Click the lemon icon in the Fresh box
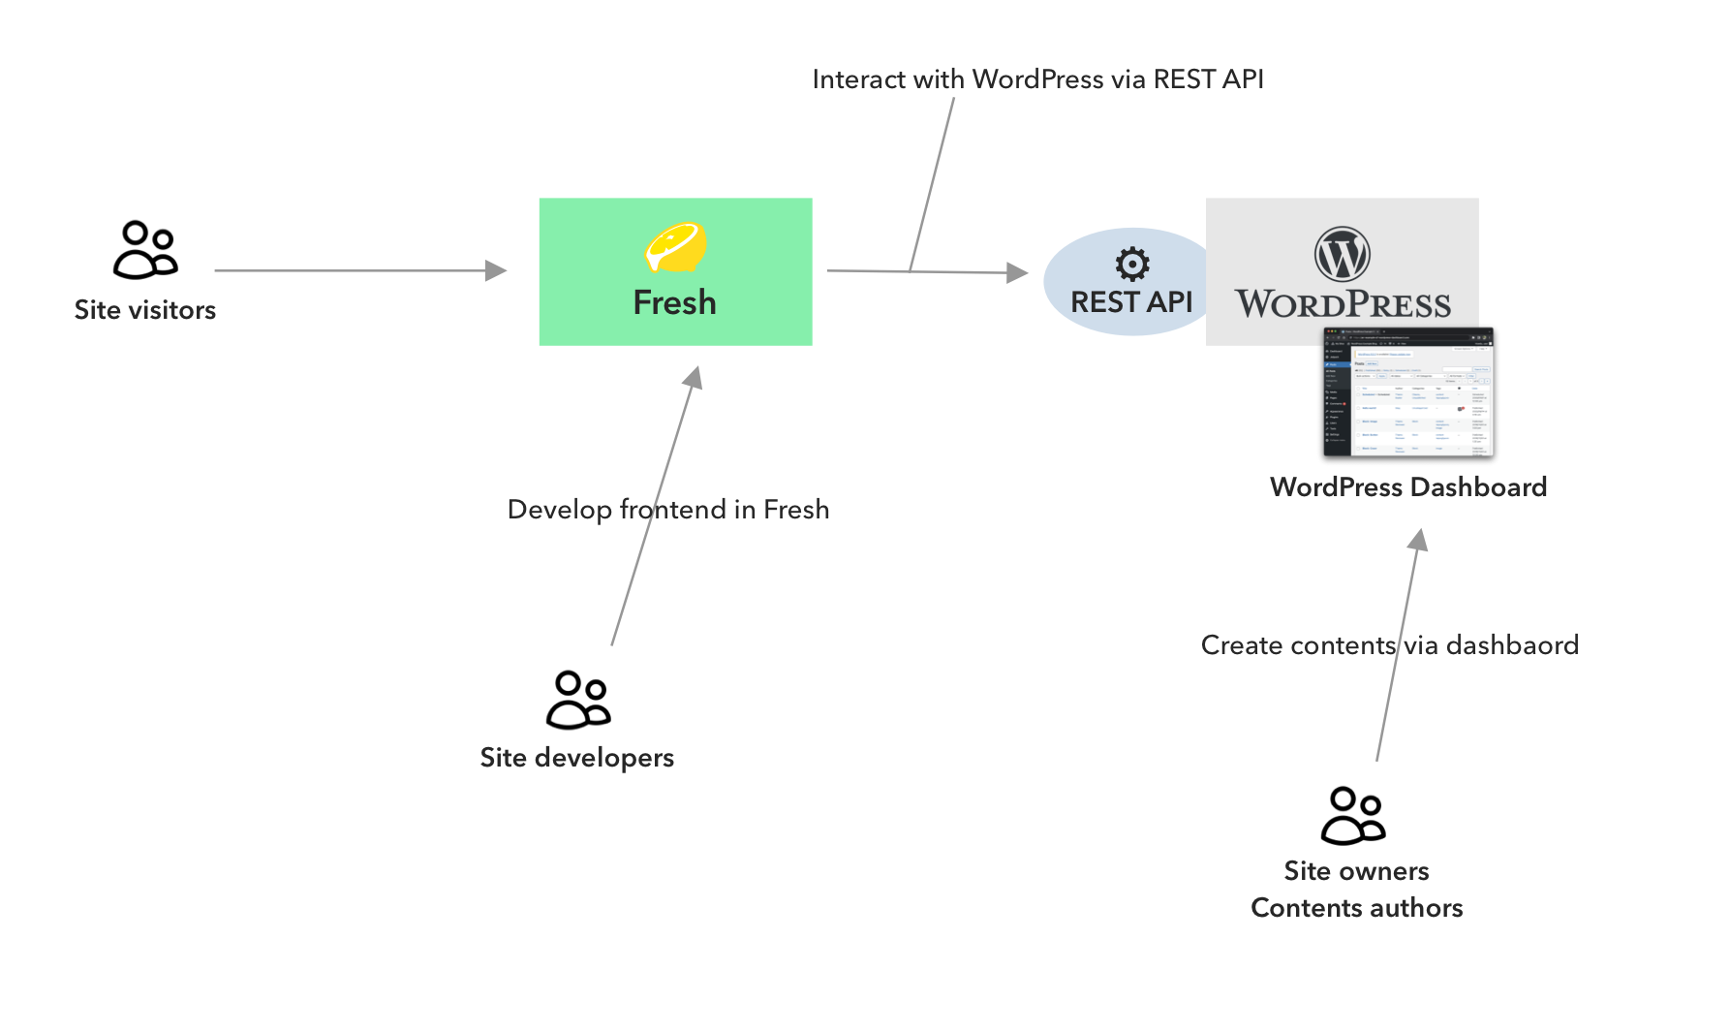pos(676,247)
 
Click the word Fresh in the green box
pos(674,302)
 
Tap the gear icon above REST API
pos(1131,263)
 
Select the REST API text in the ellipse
pos(1131,302)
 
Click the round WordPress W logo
pos(1342,254)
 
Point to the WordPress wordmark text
pos(1343,304)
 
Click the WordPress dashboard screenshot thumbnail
pos(1408,391)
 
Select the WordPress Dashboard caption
pos(1408,486)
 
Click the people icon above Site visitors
pos(146,250)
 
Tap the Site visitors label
pos(145,310)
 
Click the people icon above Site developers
pos(578,700)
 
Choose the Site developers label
pos(577,758)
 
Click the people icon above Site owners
pos(1353,816)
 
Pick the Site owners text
pos(1356,871)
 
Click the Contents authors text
pos(1356,908)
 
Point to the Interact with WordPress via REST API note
pos(1037,79)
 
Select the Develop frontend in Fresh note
pos(668,510)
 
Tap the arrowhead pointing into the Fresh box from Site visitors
pos(496,270)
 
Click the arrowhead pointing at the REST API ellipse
pos(1017,273)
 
